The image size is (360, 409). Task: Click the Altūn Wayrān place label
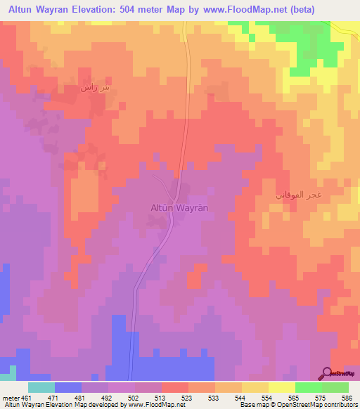[180, 208]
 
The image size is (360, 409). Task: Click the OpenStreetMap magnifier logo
[328, 373]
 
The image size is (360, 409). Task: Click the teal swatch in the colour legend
[41, 387]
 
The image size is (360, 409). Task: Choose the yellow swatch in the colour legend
[281, 387]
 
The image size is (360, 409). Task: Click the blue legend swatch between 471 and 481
[67, 387]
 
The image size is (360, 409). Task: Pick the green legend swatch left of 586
[335, 387]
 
